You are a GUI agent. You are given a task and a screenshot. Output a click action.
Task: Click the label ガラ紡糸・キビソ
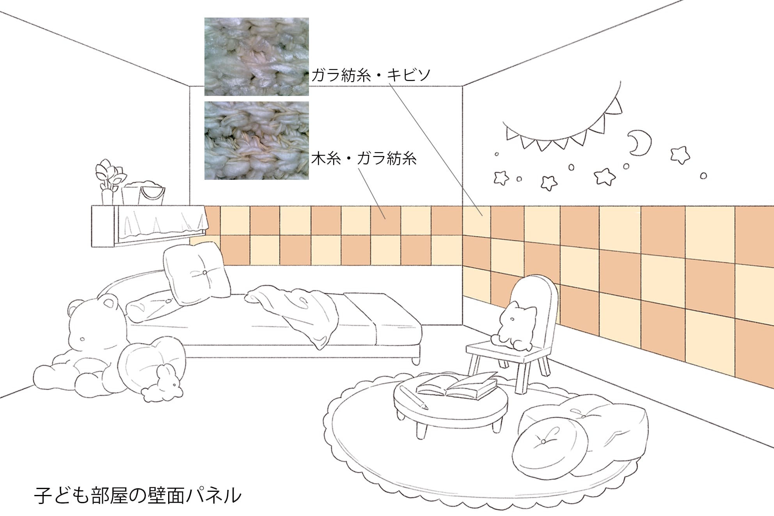tap(370, 75)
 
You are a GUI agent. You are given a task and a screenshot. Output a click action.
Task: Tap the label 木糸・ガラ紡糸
tap(364, 159)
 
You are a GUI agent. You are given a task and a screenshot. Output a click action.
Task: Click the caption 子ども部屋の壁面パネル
tap(137, 495)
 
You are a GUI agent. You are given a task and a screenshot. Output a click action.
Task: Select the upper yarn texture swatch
tap(257, 57)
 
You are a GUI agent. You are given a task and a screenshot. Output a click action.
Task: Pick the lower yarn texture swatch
tap(257, 140)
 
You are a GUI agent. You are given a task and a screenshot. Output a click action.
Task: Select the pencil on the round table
tap(414, 398)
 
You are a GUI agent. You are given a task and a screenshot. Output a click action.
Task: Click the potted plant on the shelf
tap(110, 181)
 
